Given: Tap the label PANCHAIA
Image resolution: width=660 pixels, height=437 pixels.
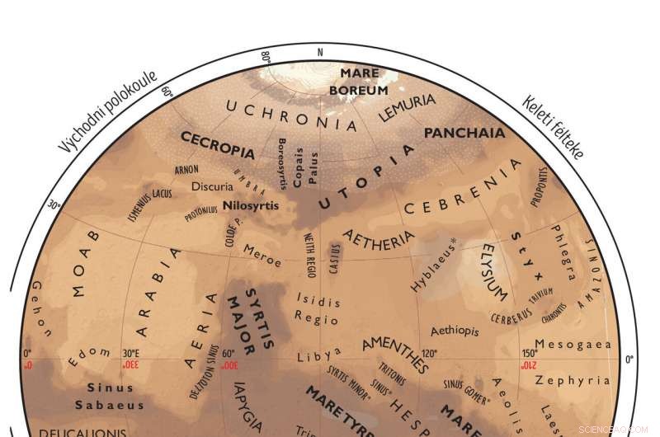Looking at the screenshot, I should pos(464,133).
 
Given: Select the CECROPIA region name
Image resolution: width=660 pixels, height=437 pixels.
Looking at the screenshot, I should pos(217,145).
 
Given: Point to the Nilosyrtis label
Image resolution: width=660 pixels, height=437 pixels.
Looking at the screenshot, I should pos(251,205).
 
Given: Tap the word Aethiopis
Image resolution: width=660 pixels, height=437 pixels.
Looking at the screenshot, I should pos(454,331).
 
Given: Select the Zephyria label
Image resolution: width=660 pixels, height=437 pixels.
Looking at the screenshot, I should pos(572,380).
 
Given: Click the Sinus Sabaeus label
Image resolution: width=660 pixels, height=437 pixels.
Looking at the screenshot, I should pos(110,396).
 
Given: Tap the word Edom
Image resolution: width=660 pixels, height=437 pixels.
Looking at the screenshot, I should pos(88,357).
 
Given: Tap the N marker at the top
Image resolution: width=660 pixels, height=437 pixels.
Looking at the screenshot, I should pos(320,52).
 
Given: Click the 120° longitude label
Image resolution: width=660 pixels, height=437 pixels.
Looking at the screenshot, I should pos(429,353).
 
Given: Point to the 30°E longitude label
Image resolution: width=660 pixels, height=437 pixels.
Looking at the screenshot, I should pos(130,353).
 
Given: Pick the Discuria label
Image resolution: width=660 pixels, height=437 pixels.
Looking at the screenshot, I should pos(212,187).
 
